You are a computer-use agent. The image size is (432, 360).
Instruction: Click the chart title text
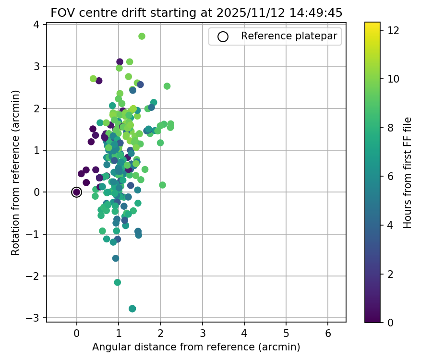(x=196, y=13)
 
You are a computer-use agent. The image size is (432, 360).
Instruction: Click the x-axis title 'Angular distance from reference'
(x=196, y=347)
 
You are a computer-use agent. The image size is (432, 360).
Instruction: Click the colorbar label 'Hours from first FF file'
(x=407, y=173)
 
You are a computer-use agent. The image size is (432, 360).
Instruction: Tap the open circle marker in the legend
(x=222, y=36)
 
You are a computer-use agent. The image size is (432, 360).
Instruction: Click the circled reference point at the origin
(x=76, y=192)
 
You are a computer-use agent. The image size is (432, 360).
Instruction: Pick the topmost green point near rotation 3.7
(x=142, y=36)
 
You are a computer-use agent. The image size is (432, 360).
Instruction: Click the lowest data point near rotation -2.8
(x=132, y=309)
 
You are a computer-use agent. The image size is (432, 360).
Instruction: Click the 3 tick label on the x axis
(x=202, y=333)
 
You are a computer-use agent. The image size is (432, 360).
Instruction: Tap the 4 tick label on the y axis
(x=36, y=24)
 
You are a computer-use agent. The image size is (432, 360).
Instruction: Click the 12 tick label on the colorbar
(x=394, y=30)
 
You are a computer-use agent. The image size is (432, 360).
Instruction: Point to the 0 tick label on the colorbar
(x=392, y=322)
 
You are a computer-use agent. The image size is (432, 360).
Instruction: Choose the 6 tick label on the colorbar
(x=392, y=176)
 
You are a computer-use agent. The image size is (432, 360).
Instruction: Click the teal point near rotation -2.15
(x=118, y=282)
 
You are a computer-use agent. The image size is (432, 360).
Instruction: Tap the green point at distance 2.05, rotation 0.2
(x=162, y=185)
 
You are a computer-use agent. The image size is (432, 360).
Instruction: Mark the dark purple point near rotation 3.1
(x=120, y=62)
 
